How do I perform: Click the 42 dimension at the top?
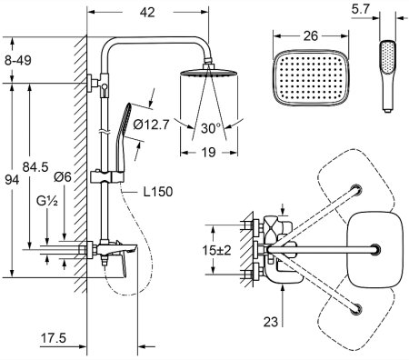coord(147,12)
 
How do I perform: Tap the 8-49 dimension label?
coord(18,61)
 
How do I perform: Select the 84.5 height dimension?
coord(35,167)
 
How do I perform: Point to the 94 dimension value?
coord(12,180)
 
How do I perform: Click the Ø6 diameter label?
coord(63,176)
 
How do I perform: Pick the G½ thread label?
coord(47,201)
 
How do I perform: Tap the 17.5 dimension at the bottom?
coord(54,338)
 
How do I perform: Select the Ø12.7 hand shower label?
coord(151,125)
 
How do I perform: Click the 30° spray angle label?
coord(211,128)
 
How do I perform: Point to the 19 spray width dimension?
coord(208,152)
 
